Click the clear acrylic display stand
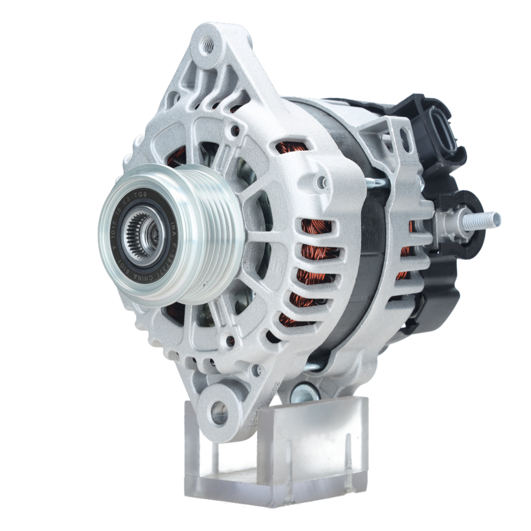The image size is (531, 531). coord(276,451)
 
